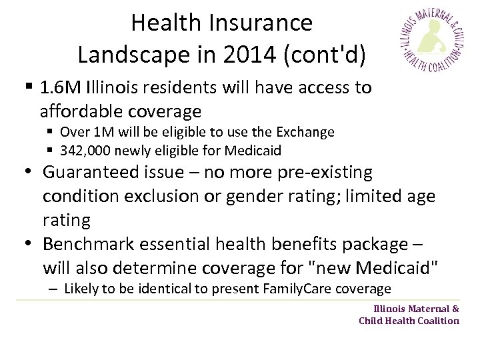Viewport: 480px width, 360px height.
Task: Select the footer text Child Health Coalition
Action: (409, 320)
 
